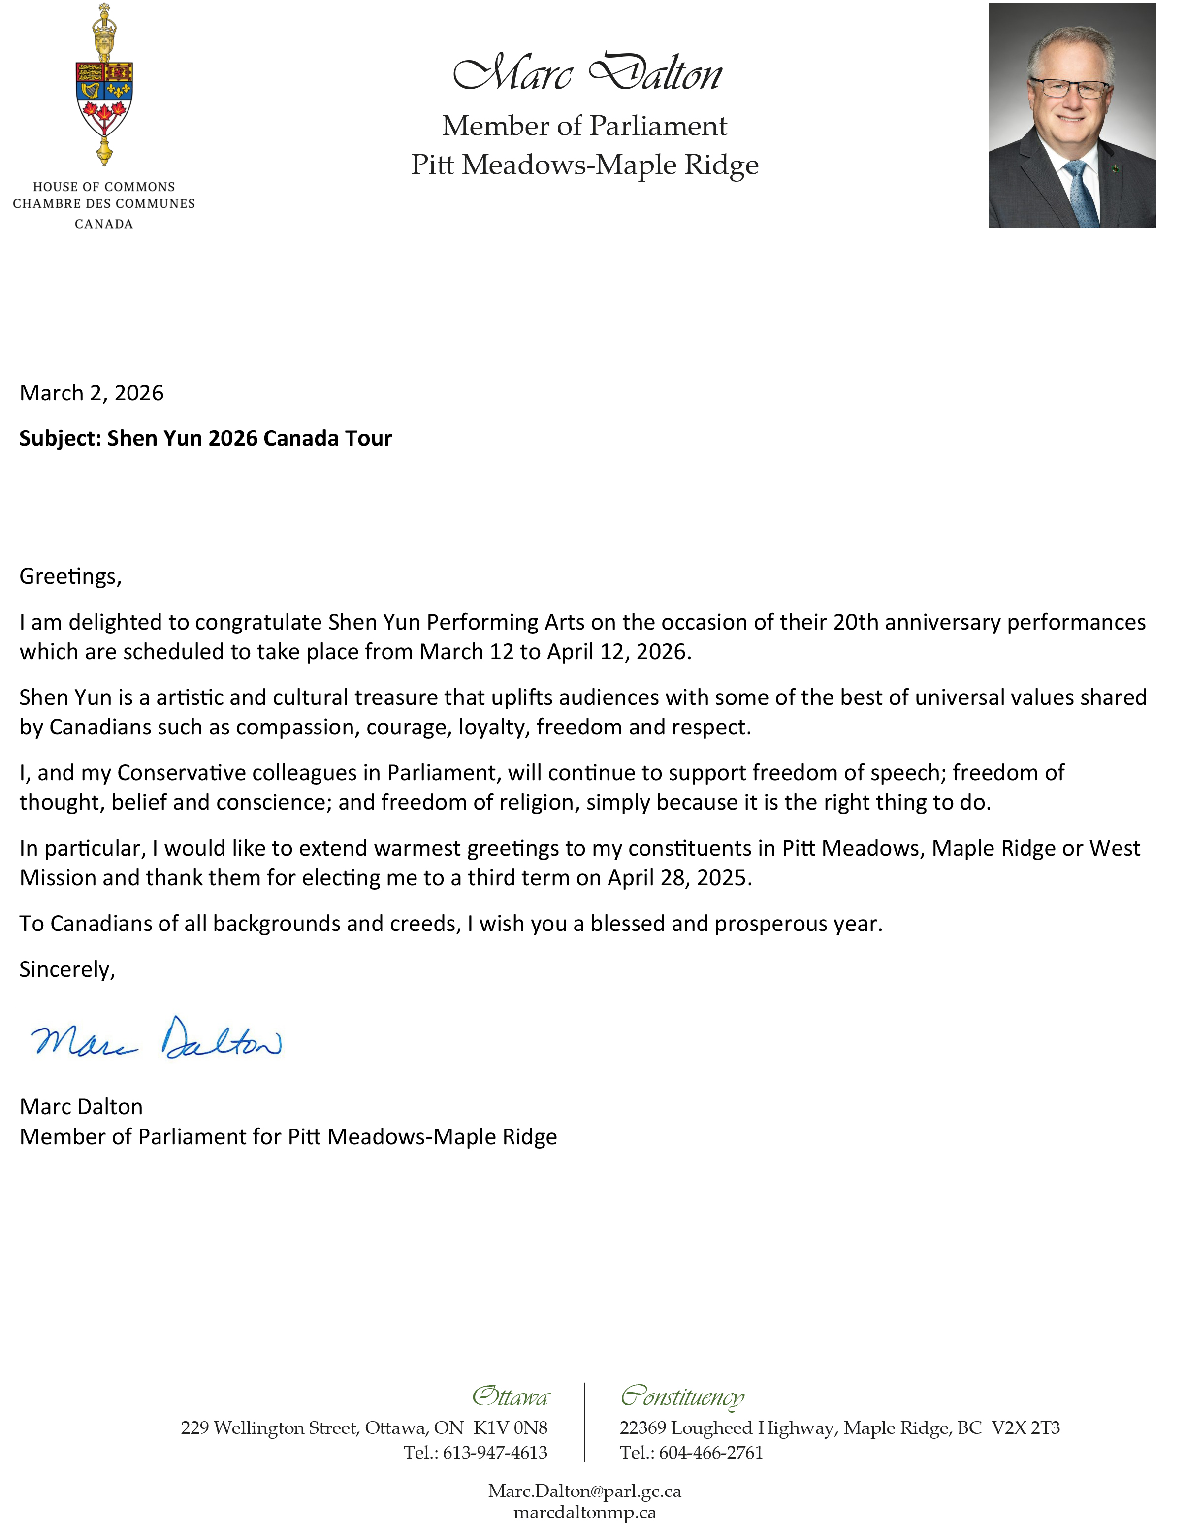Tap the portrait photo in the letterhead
point(1071,115)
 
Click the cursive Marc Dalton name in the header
point(587,73)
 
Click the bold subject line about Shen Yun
point(205,438)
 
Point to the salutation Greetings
point(70,576)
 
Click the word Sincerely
point(67,969)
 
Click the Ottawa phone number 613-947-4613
point(495,1452)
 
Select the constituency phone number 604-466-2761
point(710,1452)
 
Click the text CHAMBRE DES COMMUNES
point(104,204)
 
